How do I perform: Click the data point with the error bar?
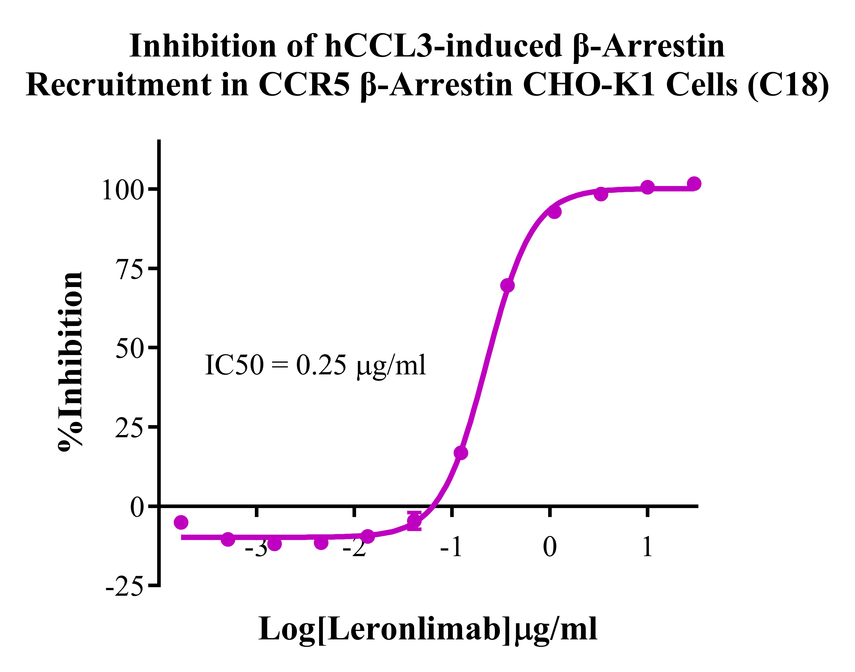tap(414, 520)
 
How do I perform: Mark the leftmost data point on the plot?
tap(181, 522)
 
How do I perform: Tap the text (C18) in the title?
tap(789, 85)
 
